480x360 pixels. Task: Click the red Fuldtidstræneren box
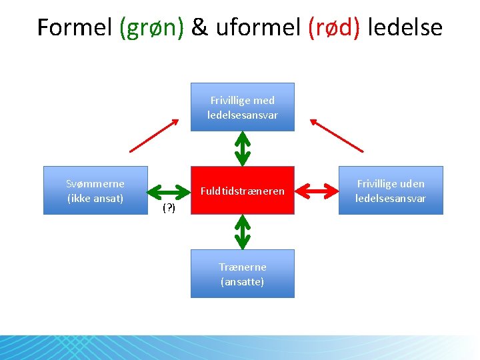point(243,190)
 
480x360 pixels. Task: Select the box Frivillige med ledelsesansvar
point(243,107)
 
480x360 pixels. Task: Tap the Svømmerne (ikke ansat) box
point(95,190)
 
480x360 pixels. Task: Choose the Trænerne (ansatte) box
point(243,273)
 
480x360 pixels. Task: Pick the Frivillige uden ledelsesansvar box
point(390,190)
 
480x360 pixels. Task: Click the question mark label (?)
point(169,209)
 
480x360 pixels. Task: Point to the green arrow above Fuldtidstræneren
point(243,148)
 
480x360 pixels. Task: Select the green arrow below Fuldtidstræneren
point(243,231)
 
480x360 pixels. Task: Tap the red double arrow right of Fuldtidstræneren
point(316,191)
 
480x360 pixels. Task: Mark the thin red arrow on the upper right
point(337,135)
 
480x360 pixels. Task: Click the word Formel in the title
point(75,27)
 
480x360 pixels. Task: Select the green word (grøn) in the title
point(151,28)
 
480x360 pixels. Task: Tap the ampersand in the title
point(199,27)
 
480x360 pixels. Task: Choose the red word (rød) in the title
point(334,28)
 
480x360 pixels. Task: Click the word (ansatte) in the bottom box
point(243,281)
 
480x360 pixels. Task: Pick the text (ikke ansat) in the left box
point(95,198)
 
